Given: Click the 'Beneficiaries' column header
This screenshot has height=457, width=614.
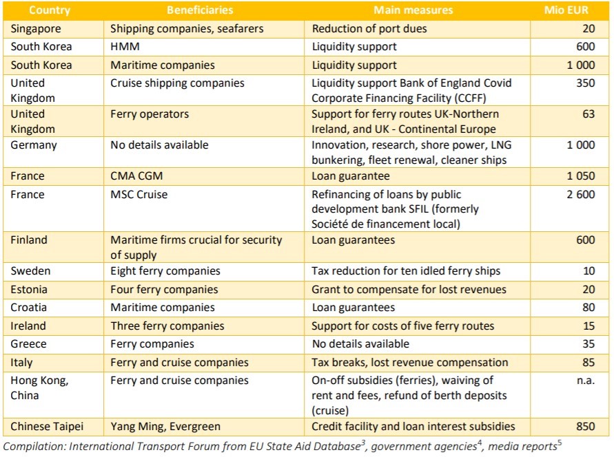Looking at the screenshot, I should pyautogui.click(x=199, y=10).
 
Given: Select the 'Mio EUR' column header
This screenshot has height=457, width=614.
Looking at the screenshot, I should pyautogui.click(x=566, y=10).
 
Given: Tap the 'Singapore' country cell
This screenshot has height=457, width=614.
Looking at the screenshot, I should pyautogui.click(x=36, y=29).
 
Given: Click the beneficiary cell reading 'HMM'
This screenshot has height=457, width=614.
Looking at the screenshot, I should pyautogui.click(x=124, y=47).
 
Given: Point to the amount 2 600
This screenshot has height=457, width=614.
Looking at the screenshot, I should pyautogui.click(x=580, y=194).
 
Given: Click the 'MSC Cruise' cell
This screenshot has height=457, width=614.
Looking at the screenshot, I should pyautogui.click(x=139, y=194).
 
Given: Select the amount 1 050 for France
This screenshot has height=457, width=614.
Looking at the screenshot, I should pyautogui.click(x=580, y=176).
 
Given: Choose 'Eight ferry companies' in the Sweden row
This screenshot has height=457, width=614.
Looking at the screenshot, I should pyautogui.click(x=165, y=271).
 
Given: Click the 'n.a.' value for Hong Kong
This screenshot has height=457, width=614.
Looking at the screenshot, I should pyautogui.click(x=585, y=380).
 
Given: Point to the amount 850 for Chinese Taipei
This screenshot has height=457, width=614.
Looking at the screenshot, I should pyautogui.click(x=585, y=426).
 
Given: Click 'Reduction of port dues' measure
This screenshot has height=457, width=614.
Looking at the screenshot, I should pyautogui.click(x=369, y=29).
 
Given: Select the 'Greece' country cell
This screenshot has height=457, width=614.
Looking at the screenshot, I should pyautogui.click(x=29, y=343).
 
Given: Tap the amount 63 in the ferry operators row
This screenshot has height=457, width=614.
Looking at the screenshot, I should pyautogui.click(x=588, y=114).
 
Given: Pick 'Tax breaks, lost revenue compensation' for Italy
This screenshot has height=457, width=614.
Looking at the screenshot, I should pyautogui.click(x=409, y=362).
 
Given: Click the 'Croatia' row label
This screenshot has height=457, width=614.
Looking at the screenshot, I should pyautogui.click(x=30, y=308).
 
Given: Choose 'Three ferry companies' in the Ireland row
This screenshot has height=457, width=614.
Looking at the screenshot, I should pyautogui.click(x=167, y=326).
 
